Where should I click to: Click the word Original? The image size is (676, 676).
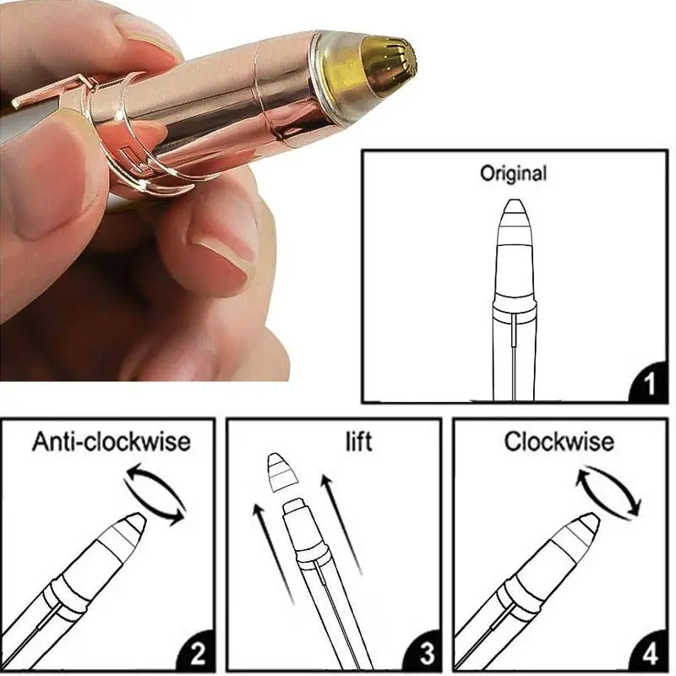coord(513,174)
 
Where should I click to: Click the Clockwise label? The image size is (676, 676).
coord(559,441)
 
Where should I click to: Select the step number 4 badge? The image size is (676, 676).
coord(648,653)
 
